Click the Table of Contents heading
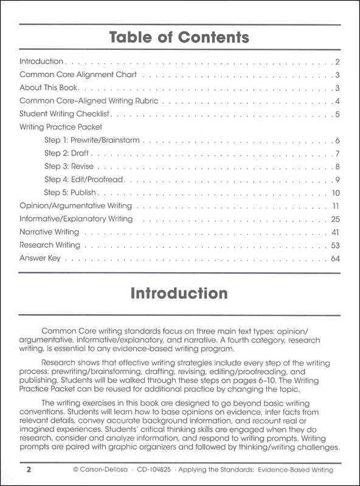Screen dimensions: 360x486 (179, 38)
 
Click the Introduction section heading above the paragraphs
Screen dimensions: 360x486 (179, 293)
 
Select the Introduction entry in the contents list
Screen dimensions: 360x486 (41, 61)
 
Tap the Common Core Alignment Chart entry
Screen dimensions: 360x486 (78, 75)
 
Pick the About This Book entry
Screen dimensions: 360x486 (48, 88)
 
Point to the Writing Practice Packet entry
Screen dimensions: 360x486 (61, 127)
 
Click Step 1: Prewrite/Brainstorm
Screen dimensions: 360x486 (92, 140)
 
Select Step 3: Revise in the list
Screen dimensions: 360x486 (69, 166)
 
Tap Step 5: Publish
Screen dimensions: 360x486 (70, 193)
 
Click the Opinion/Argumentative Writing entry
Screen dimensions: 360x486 (75, 206)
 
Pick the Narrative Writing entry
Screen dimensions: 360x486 (49, 232)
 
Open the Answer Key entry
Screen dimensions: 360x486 (41, 259)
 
